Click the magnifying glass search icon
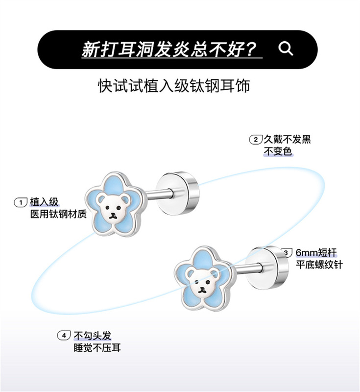[286, 49]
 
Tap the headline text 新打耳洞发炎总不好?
[169, 49]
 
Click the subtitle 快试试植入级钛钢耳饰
[174, 86]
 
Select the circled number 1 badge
[21, 202]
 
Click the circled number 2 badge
[255, 140]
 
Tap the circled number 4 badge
[64, 336]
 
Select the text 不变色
[278, 151]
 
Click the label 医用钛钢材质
[58, 214]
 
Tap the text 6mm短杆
[316, 253]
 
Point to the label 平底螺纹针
[319, 265]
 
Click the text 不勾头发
[93, 336]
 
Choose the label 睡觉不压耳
[96, 347]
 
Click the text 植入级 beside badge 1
[44, 202]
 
